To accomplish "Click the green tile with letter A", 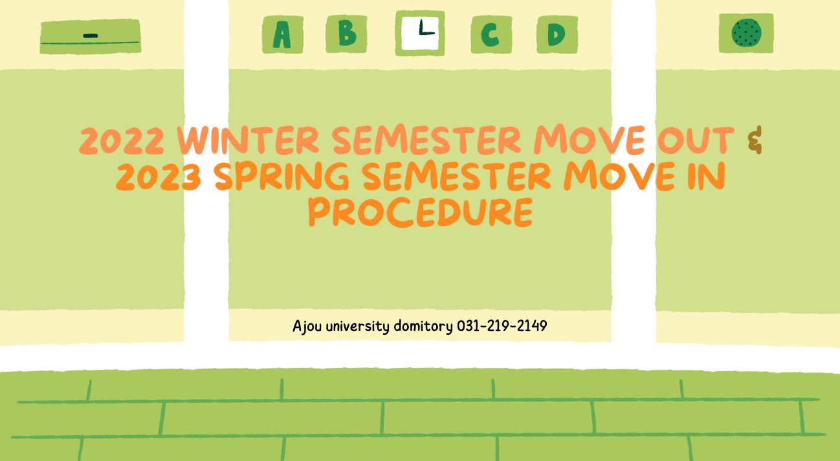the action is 283,34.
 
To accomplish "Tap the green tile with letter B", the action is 346,34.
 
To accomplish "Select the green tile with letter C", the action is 491,34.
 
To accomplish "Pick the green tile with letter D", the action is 557,34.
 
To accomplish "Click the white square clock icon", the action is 420,34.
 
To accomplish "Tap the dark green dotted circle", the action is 746,33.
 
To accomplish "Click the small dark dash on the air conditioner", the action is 91,36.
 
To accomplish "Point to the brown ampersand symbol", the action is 755,140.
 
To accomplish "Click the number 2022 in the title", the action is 122,140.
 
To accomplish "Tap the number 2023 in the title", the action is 159,177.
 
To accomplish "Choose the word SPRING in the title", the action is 282,176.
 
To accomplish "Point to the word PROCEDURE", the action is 421,213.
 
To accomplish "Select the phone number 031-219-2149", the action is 502,326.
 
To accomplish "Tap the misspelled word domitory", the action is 423,326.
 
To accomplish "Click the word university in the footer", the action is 358,326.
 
